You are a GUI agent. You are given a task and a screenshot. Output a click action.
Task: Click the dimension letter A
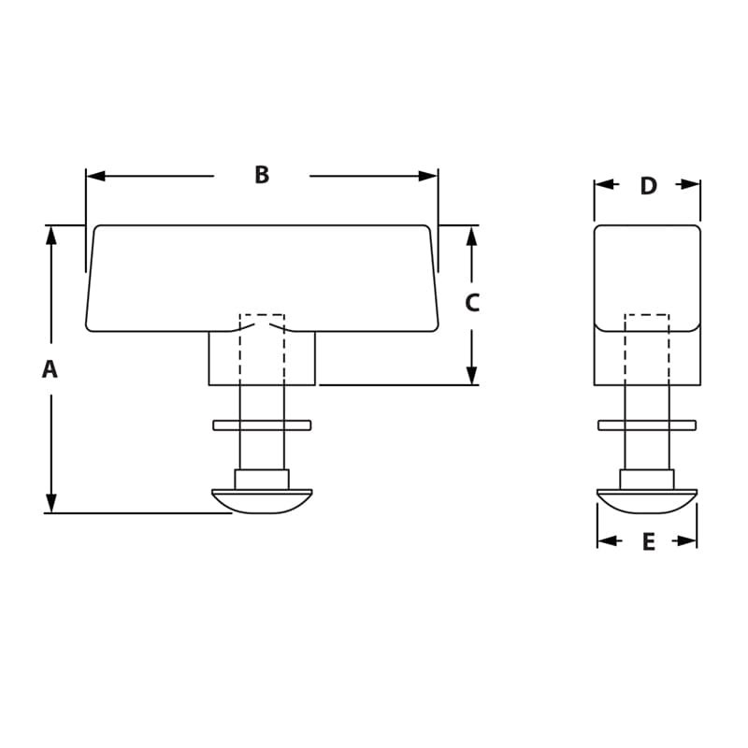click(50, 369)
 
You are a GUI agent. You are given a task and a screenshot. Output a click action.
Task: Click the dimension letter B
click(262, 175)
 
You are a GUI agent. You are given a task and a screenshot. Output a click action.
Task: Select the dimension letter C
click(472, 303)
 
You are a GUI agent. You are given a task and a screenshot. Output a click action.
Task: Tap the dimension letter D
click(648, 185)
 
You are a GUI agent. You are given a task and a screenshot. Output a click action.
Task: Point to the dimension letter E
click(648, 541)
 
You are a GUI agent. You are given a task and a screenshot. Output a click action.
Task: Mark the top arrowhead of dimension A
click(51, 235)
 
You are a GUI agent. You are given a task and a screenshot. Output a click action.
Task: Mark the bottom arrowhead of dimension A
click(51, 503)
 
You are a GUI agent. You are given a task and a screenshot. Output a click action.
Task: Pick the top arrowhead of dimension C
click(472, 235)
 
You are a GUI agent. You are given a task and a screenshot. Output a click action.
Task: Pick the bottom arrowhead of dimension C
click(472, 375)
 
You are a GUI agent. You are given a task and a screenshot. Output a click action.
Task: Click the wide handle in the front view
click(262, 277)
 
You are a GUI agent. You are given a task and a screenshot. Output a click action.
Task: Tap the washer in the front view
click(262, 425)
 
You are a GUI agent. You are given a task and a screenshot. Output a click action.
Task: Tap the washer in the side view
click(647, 425)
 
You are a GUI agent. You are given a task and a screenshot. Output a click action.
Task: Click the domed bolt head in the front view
click(262, 500)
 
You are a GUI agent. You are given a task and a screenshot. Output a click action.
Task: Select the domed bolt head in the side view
click(647, 500)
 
